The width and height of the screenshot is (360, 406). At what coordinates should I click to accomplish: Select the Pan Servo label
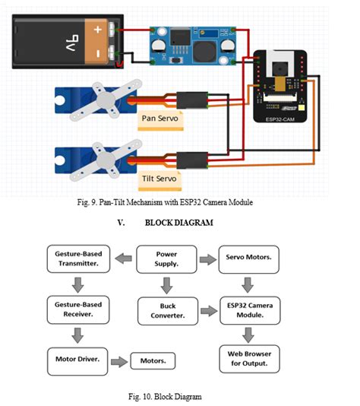pyautogui.click(x=160, y=119)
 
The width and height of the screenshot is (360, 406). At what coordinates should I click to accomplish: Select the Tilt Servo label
pyautogui.click(x=160, y=179)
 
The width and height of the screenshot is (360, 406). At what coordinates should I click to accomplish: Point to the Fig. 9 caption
pyautogui.click(x=179, y=204)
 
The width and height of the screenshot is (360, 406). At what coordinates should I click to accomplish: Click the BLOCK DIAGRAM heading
pyautogui.click(x=179, y=224)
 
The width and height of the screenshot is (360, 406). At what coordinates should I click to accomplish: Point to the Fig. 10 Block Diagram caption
pyautogui.click(x=179, y=396)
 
